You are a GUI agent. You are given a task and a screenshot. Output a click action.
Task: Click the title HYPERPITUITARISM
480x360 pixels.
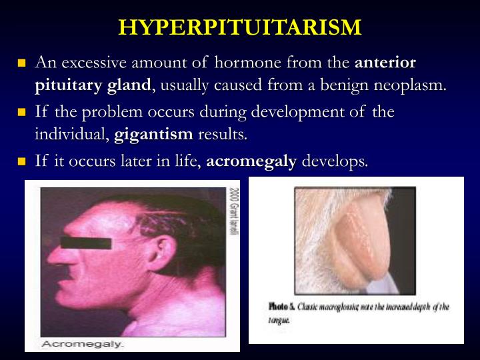pos(240,27)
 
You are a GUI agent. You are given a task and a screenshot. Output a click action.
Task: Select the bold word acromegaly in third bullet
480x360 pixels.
pos(252,162)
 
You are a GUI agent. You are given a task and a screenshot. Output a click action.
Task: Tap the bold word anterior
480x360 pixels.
pos(385,63)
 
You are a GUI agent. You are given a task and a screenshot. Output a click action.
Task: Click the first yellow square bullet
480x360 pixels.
pos(21,63)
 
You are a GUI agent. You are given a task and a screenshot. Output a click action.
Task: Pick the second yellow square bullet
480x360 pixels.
pos(21,112)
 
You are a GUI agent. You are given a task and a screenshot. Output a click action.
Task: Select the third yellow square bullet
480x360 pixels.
pos(21,162)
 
